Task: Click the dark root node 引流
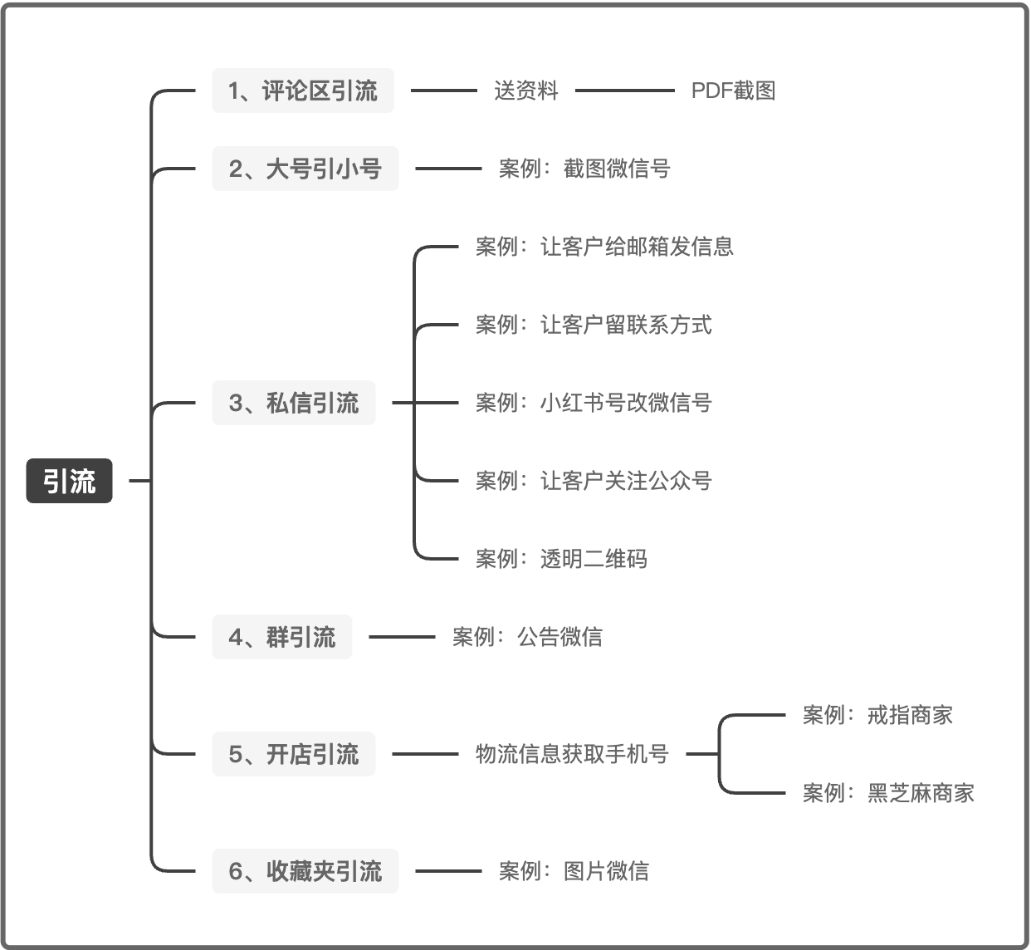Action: (69, 481)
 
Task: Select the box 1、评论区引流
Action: (303, 91)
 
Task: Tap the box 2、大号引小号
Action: (305, 169)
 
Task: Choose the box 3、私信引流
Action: (293, 403)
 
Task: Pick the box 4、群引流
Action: (281, 637)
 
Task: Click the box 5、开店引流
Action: (293, 754)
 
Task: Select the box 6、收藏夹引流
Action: (305, 871)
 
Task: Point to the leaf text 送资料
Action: (526, 91)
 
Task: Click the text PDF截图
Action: (733, 91)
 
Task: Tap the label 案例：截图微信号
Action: (584, 169)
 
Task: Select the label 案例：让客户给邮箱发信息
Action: (604, 247)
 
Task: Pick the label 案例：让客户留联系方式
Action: (594, 325)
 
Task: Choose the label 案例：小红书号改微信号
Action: (594, 403)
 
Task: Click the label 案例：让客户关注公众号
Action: (594, 481)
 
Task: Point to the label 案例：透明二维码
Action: (561, 559)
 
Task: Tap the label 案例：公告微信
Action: (527, 637)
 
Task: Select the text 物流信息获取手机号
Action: (572, 754)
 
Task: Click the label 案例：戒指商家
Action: (877, 715)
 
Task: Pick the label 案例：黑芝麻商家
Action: (888, 793)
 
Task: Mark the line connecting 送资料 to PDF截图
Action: (624, 91)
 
